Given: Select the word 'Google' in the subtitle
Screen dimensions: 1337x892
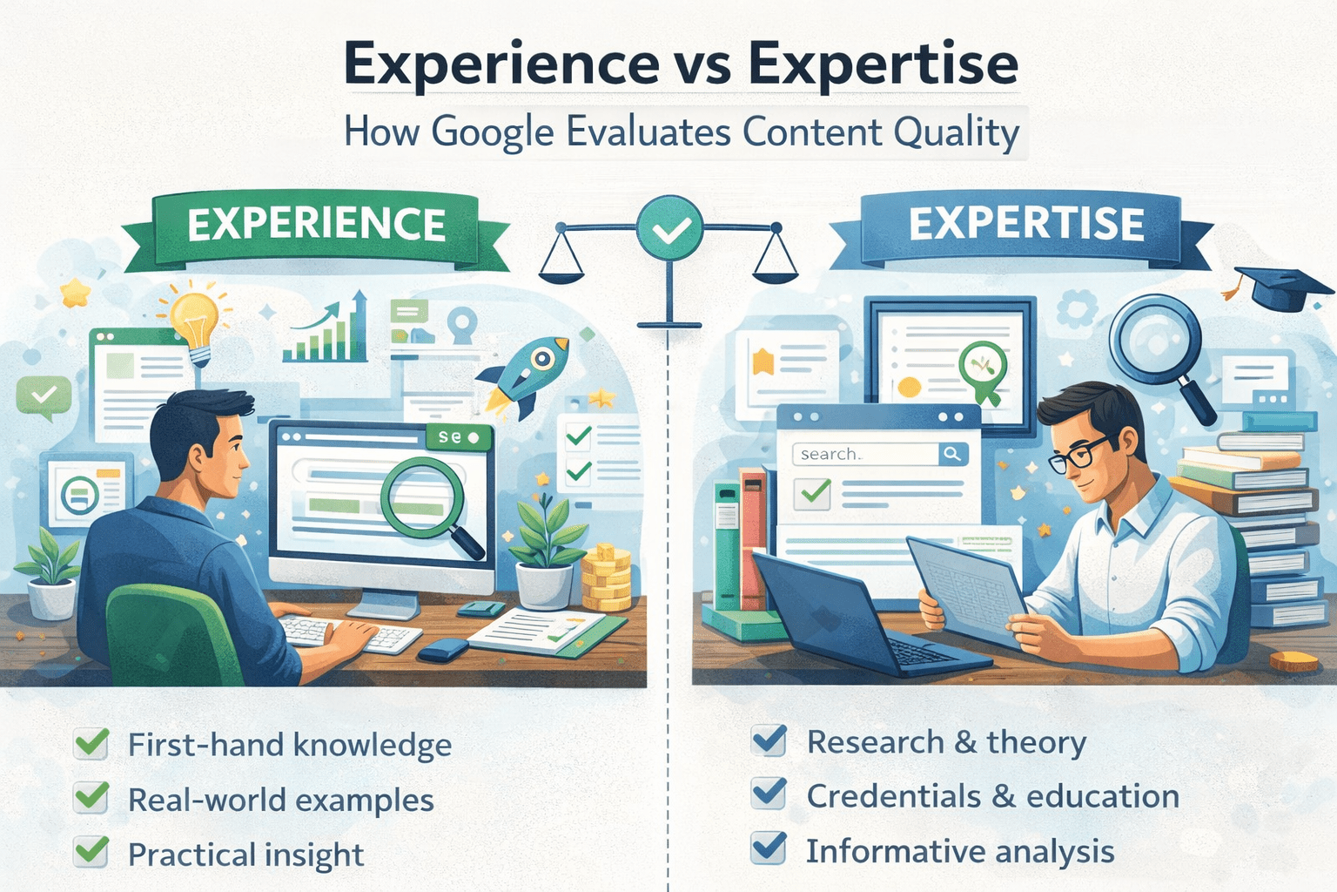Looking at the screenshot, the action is tap(492, 132).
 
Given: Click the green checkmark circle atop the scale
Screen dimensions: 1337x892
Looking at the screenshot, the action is tap(669, 227).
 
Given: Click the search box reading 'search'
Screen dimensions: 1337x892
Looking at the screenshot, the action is tap(865, 454).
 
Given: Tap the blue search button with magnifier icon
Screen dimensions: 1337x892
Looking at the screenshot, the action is tap(952, 454).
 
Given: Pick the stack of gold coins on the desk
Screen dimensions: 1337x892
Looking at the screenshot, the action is tap(607, 578).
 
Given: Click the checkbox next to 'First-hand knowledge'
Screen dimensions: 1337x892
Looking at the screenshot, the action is tap(91, 744).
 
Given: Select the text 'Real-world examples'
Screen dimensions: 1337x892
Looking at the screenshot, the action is tap(281, 800).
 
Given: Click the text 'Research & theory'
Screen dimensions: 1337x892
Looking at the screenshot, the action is tap(946, 743).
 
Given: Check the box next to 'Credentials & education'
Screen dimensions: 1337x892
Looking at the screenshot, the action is tap(769, 794).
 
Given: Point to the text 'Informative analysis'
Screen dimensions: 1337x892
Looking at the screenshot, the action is tap(960, 851).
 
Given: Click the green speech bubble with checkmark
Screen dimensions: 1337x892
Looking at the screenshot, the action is tap(43, 396).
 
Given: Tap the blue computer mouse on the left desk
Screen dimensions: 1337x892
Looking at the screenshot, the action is tap(443, 650).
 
